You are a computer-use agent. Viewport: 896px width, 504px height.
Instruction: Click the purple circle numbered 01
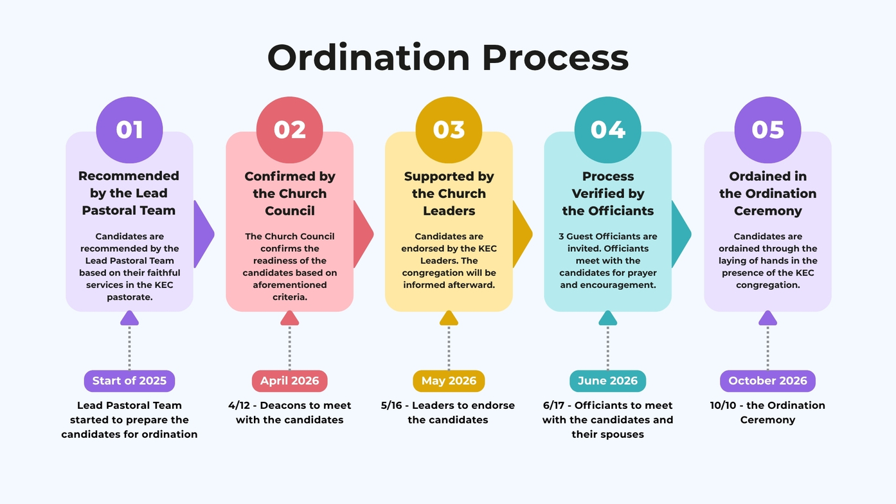pyautogui.click(x=129, y=130)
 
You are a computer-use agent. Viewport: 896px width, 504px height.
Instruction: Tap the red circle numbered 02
pyautogui.click(x=290, y=130)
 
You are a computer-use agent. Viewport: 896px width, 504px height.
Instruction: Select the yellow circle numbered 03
pyautogui.click(x=449, y=130)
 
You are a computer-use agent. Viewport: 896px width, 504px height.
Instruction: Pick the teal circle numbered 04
pyautogui.click(x=607, y=130)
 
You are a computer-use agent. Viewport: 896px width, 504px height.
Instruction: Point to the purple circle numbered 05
pyautogui.click(x=767, y=130)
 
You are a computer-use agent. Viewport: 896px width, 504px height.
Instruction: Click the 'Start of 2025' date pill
pyautogui.click(x=129, y=381)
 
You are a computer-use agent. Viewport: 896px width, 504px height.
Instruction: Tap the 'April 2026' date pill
pyautogui.click(x=290, y=381)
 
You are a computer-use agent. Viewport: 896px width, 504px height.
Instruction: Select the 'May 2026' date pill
pyautogui.click(x=449, y=381)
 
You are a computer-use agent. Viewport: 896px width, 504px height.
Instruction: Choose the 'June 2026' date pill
pyautogui.click(x=607, y=381)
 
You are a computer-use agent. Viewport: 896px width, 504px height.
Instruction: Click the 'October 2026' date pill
pyautogui.click(x=767, y=381)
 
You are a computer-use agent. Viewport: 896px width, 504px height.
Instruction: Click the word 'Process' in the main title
pyautogui.click(x=555, y=58)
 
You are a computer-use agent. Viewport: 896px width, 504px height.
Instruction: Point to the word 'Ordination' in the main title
pyautogui.click(x=368, y=57)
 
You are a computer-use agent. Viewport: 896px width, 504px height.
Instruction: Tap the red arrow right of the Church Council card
pyautogui.click(x=363, y=234)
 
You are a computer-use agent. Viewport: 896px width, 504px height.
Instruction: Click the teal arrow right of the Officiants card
pyautogui.click(x=681, y=234)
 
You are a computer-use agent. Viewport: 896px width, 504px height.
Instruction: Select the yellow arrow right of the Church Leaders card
pyautogui.click(x=523, y=234)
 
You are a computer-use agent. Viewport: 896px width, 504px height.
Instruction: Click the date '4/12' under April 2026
pyautogui.click(x=239, y=406)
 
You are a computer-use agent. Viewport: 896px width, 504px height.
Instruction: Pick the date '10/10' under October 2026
pyautogui.click(x=723, y=406)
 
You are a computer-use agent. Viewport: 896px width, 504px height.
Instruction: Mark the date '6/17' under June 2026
pyautogui.click(x=553, y=406)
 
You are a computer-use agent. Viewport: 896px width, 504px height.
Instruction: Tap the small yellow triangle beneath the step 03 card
pyautogui.click(x=449, y=318)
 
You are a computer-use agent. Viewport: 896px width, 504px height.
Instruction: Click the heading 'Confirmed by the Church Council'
pyautogui.click(x=290, y=194)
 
